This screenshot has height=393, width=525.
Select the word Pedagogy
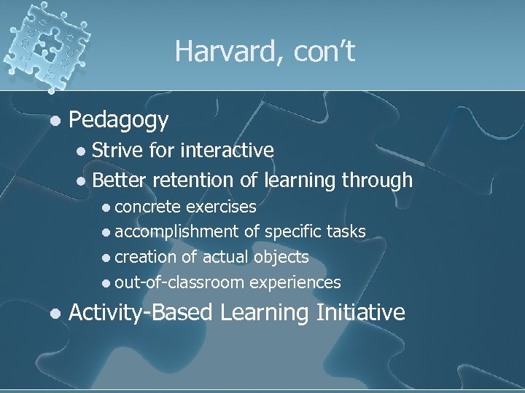(x=119, y=119)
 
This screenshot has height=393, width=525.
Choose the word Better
(x=120, y=180)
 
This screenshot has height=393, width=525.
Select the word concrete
(x=148, y=207)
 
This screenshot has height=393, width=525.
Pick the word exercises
(x=221, y=207)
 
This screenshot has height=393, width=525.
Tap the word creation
(x=146, y=257)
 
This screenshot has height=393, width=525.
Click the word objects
(x=281, y=257)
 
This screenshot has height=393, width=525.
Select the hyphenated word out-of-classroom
(x=179, y=282)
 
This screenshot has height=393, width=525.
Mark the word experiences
(x=295, y=282)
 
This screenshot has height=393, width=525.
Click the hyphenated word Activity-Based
(x=140, y=313)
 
